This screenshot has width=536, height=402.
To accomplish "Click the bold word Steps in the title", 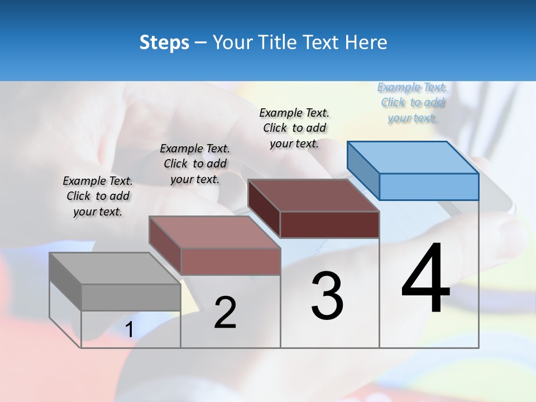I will click(164, 42).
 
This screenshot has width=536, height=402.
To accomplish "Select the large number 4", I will click(425, 279).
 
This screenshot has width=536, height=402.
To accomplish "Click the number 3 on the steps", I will click(327, 296).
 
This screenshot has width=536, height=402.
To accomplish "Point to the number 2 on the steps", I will click(225, 313).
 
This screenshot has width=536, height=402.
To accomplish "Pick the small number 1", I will click(130, 330).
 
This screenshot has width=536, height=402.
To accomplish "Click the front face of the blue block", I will click(429, 186).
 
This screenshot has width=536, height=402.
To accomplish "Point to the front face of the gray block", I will click(131, 297).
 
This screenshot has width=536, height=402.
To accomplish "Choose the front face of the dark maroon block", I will click(329, 224).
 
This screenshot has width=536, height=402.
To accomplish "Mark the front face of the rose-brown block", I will click(230, 261).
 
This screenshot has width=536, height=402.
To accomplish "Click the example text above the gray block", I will click(98, 196).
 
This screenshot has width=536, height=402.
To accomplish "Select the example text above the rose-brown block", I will click(195, 164).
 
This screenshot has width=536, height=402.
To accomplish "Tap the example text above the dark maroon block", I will click(294, 128).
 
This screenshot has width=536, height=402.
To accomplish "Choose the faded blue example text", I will click(412, 102).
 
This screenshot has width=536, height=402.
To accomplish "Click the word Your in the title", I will click(231, 42).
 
